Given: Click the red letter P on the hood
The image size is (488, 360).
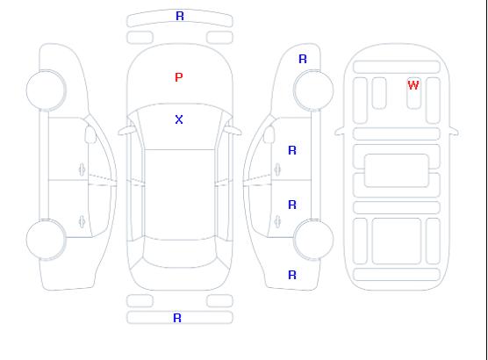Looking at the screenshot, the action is (x=179, y=77).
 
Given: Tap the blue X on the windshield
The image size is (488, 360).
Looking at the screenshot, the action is (x=179, y=119).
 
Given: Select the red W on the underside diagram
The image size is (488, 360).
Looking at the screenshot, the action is (x=413, y=85).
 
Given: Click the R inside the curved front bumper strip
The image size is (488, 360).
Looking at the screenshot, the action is (x=180, y=16).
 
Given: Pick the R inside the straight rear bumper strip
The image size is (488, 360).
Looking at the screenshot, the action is (x=177, y=318).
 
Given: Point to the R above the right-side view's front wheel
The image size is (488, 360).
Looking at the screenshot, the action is (x=303, y=59).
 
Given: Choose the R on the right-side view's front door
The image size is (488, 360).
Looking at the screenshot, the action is (x=292, y=150).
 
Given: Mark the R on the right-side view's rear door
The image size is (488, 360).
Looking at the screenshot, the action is (x=292, y=205).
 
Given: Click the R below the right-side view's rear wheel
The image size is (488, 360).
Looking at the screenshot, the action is (x=292, y=275).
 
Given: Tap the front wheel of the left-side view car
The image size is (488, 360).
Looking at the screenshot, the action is (x=46, y=90).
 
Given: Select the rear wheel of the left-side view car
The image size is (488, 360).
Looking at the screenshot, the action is (x=46, y=240).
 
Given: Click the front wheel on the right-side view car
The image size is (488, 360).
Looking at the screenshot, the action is (x=313, y=90).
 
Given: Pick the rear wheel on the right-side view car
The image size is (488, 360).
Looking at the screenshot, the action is (x=313, y=239).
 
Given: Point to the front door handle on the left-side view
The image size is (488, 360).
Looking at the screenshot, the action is (x=82, y=169).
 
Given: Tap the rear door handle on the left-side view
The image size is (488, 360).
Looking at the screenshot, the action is (x=82, y=221).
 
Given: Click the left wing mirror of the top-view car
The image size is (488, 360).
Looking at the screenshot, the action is (x=126, y=131).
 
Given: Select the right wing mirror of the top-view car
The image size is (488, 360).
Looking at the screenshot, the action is (x=233, y=131).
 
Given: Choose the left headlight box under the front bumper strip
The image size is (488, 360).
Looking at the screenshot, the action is (x=140, y=38).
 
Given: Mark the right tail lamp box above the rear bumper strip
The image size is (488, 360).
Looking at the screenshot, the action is (x=219, y=301).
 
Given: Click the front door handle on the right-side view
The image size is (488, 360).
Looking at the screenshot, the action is (x=277, y=169).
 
